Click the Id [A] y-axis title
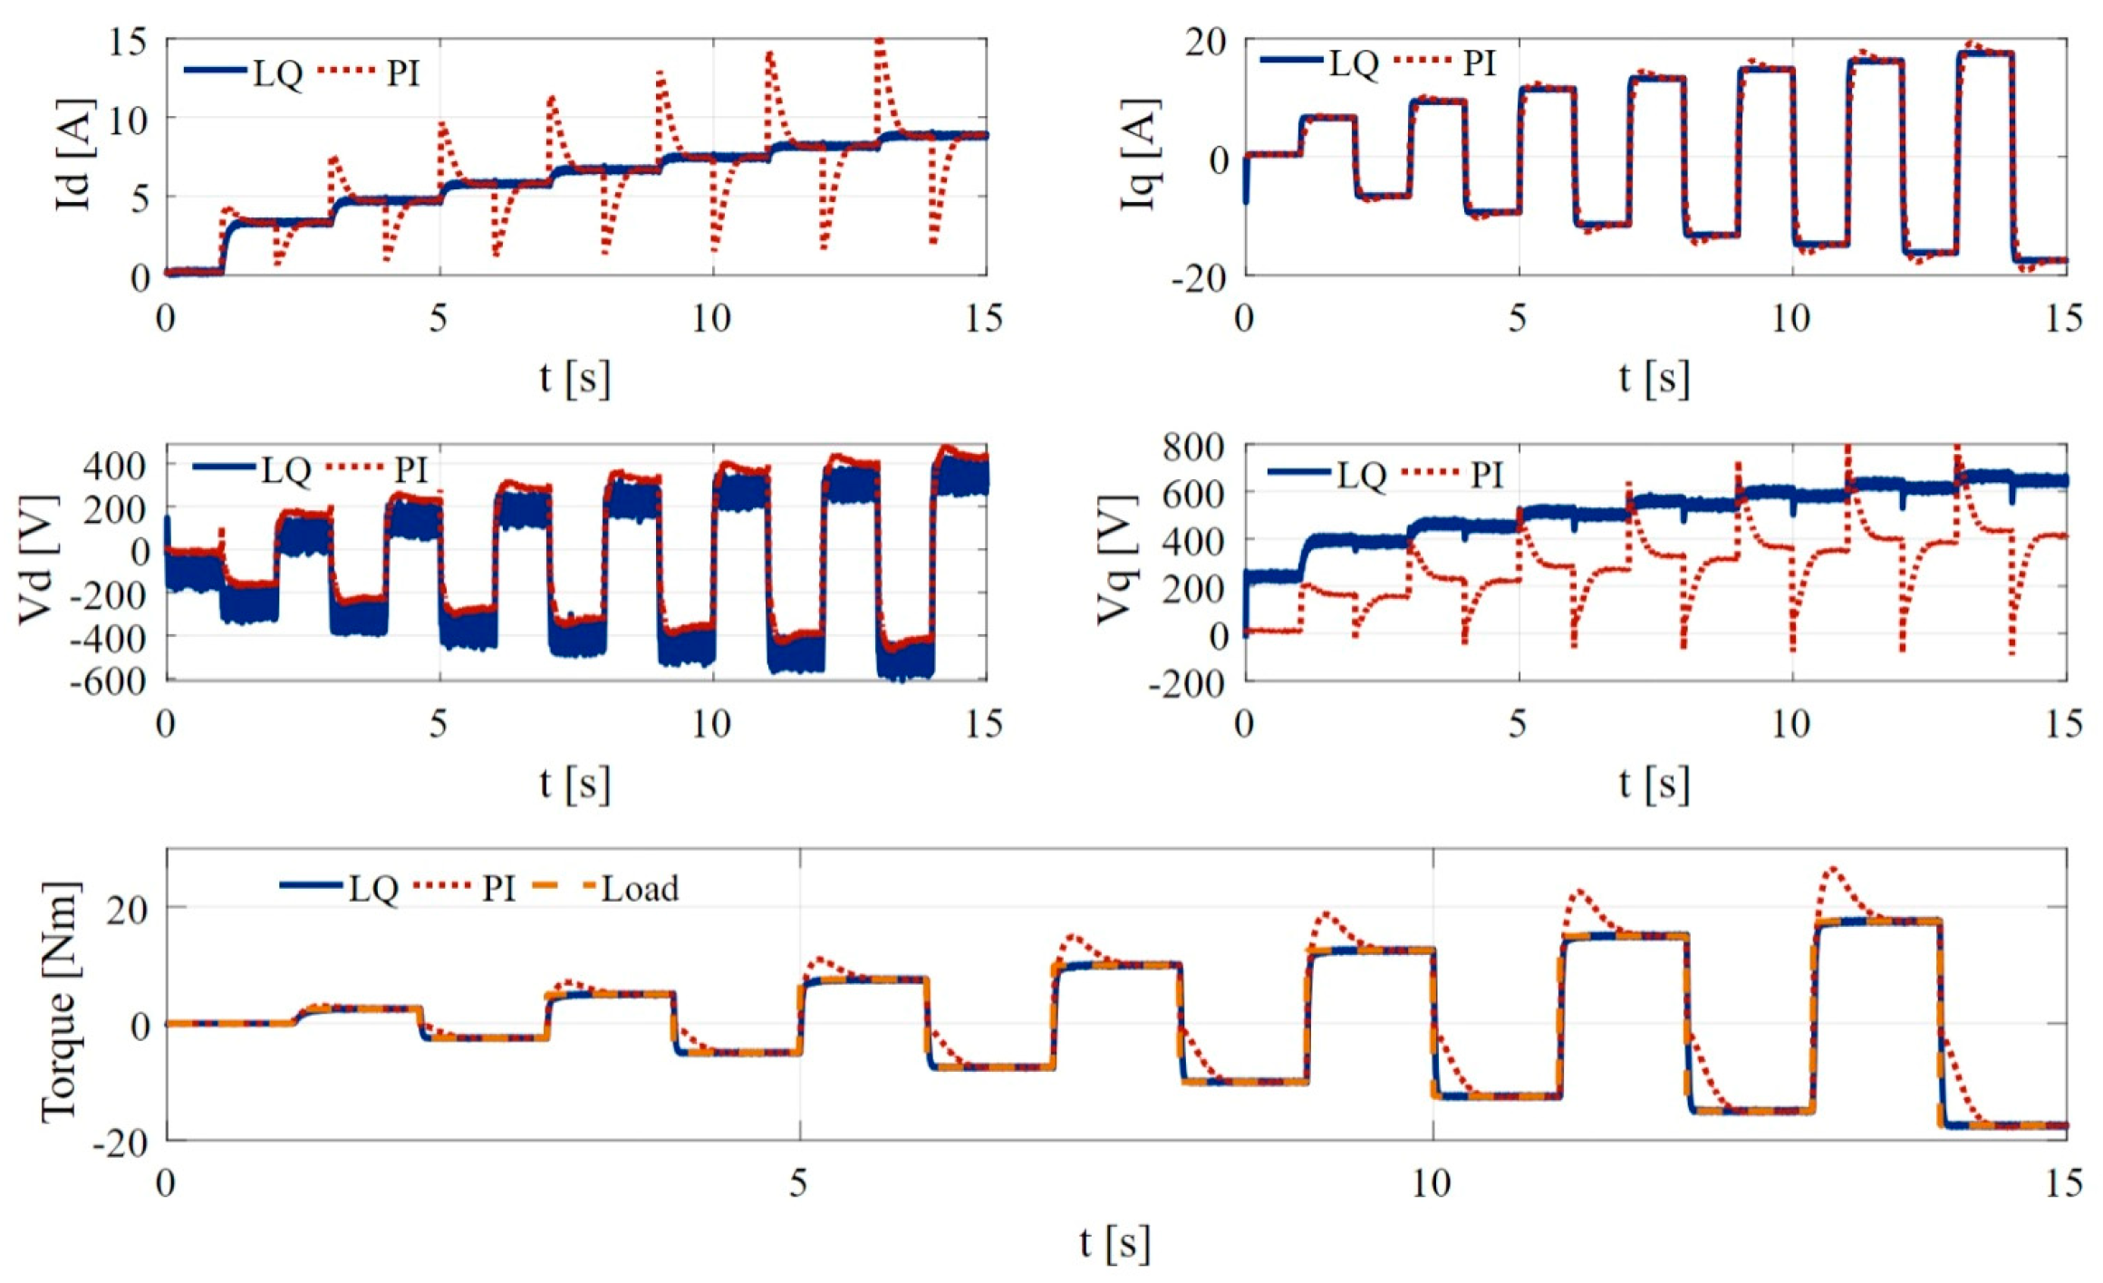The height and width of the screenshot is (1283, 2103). (x=74, y=155)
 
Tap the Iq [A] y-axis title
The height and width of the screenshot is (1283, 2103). (x=1140, y=155)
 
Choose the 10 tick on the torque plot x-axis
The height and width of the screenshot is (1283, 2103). (x=1431, y=1182)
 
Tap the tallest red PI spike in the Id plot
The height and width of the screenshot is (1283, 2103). (x=879, y=45)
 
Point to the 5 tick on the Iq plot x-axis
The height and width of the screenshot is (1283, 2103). (x=1518, y=318)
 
